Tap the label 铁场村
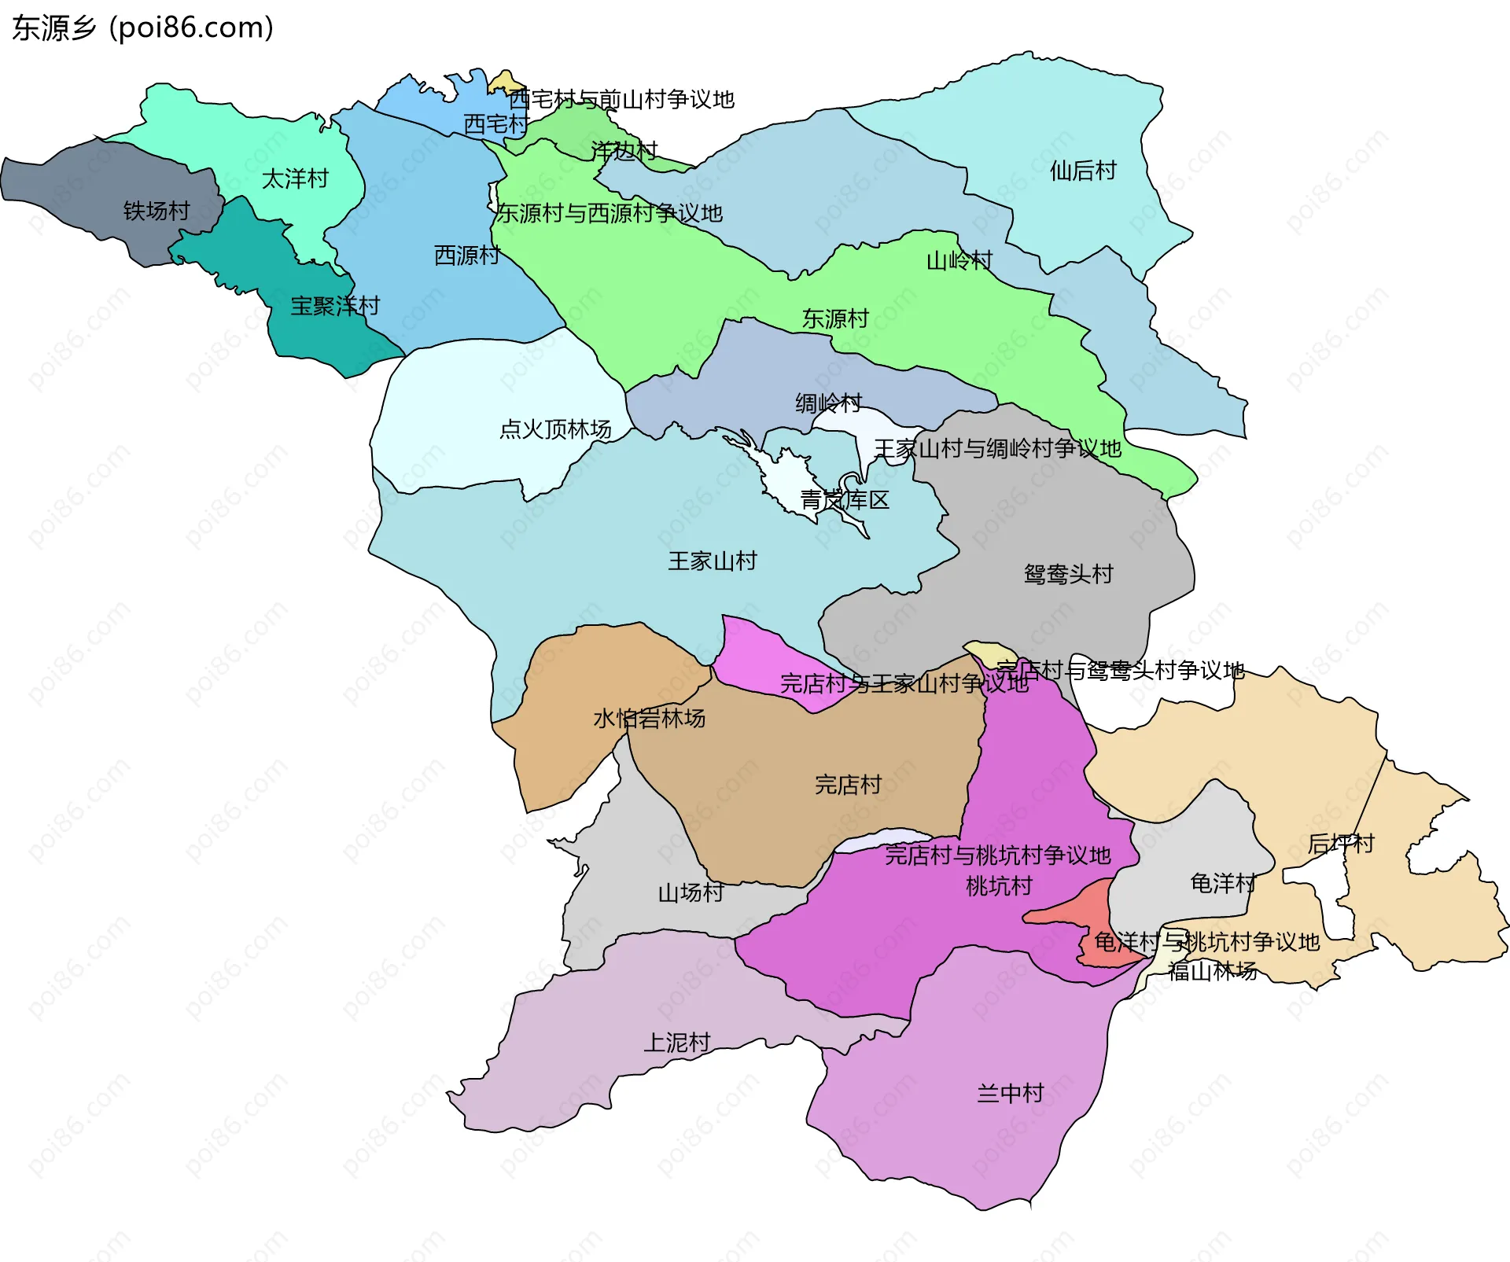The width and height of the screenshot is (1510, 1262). coord(157,211)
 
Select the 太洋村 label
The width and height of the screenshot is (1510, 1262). coord(295,179)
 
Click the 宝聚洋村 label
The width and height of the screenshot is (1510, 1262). coord(335,306)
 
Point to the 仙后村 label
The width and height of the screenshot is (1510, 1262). coord(1083,171)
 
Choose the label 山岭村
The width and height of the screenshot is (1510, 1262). coord(959,261)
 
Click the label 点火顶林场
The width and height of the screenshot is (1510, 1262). coord(555,429)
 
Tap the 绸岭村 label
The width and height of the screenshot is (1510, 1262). coord(828,403)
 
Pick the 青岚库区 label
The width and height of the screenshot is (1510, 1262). coord(845,500)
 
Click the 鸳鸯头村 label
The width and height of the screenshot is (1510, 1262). coord(1068,574)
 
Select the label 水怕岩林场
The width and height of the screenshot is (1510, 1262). coord(649,719)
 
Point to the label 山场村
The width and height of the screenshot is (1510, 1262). coord(691,893)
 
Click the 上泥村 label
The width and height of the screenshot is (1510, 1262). coord(677,1043)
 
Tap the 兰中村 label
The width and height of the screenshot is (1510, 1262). coord(1010,1094)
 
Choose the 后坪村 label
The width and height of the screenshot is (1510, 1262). coord(1340,844)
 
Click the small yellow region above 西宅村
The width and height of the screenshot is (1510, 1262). coord(505,82)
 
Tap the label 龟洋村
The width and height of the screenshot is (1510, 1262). coord(1222,884)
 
